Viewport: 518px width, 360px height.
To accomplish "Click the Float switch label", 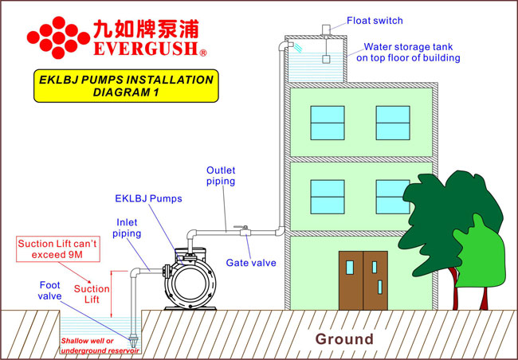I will (x=374, y=20).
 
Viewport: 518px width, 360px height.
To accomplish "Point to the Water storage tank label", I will (x=407, y=52).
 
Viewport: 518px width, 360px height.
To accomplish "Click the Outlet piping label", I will (x=221, y=175).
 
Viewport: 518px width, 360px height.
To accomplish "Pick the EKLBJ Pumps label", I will (x=149, y=198).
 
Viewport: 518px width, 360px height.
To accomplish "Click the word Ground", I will (x=344, y=338).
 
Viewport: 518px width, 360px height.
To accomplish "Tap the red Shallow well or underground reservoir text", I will (x=96, y=345).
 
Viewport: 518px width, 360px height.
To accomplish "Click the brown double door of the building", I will (x=363, y=280).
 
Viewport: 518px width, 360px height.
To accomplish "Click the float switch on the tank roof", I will (x=326, y=29).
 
